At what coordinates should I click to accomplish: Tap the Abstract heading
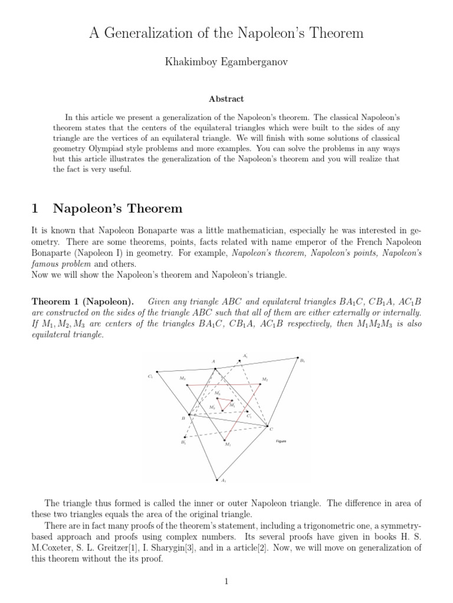pyautogui.click(x=226, y=100)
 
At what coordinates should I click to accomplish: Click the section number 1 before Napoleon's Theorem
pyautogui.click(x=34, y=208)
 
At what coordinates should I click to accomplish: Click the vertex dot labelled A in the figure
pyautogui.click(x=215, y=369)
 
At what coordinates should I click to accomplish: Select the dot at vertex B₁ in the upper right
pyautogui.click(x=298, y=357)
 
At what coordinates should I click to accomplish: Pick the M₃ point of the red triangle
pyautogui.click(x=187, y=385)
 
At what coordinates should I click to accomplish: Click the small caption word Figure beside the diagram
pyautogui.click(x=281, y=441)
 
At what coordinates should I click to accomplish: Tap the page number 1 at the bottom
pyautogui.click(x=226, y=582)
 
